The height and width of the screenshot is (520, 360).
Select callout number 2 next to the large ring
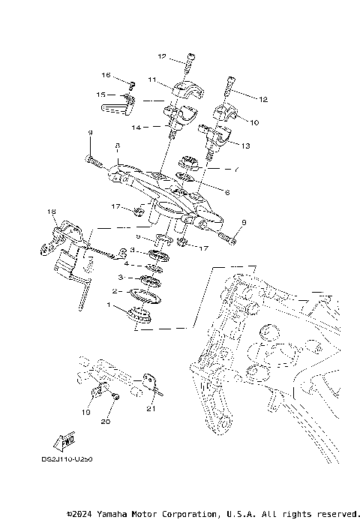click(115, 291)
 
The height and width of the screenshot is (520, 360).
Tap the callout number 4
click(127, 264)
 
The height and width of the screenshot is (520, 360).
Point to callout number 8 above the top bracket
click(118, 147)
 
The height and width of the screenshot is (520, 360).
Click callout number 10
click(254, 122)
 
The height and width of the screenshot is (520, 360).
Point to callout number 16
click(106, 76)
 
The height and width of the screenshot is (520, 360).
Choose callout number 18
click(52, 212)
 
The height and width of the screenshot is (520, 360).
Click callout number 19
click(85, 412)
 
